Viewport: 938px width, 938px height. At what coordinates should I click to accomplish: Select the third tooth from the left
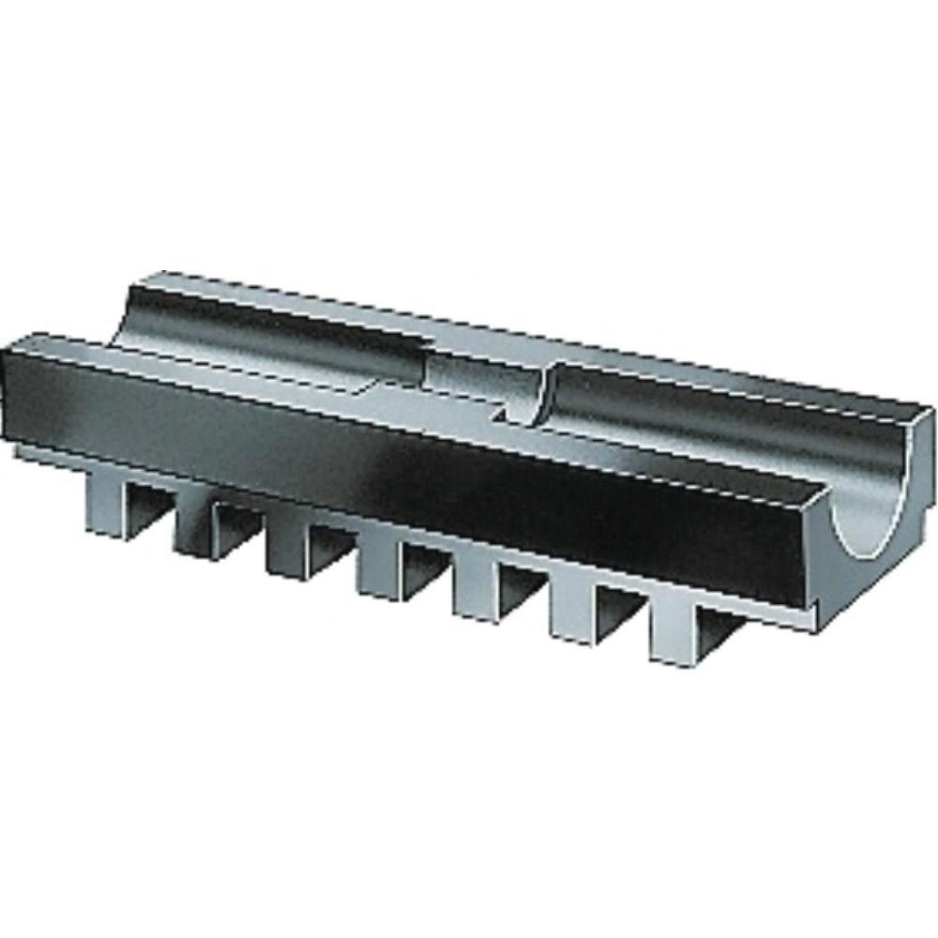tap(286, 549)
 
